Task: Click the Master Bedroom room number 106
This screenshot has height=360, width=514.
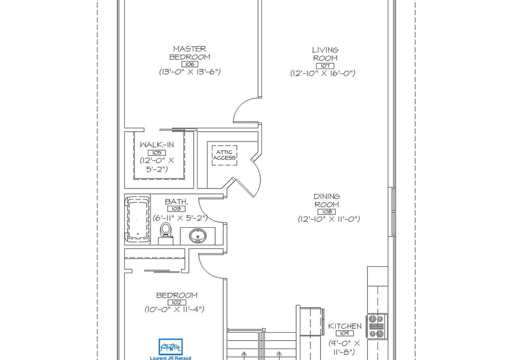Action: point(190,64)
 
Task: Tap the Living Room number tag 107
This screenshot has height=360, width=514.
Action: point(325,66)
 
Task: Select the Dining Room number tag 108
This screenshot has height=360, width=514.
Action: point(327,212)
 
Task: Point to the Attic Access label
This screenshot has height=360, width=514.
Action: point(224,155)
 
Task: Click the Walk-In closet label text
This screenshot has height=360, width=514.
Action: point(157,145)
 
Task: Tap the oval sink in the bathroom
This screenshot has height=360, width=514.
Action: point(198,235)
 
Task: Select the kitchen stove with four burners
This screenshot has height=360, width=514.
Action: point(377,326)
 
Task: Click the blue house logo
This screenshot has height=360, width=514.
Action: point(170,347)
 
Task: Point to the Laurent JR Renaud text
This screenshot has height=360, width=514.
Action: point(170,358)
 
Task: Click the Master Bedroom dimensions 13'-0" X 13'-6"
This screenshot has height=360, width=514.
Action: point(190,71)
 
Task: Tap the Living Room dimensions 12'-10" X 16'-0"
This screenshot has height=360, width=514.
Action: point(323,73)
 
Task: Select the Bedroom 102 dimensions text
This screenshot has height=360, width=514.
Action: point(175,309)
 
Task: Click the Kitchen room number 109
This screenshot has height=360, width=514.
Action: point(344,333)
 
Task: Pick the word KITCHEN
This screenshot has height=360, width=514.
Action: point(345,326)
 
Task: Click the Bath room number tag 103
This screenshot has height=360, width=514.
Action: point(176,209)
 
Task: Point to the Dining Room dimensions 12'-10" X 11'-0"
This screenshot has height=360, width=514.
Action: point(329,219)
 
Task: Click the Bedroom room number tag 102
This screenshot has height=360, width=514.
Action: point(177,302)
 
